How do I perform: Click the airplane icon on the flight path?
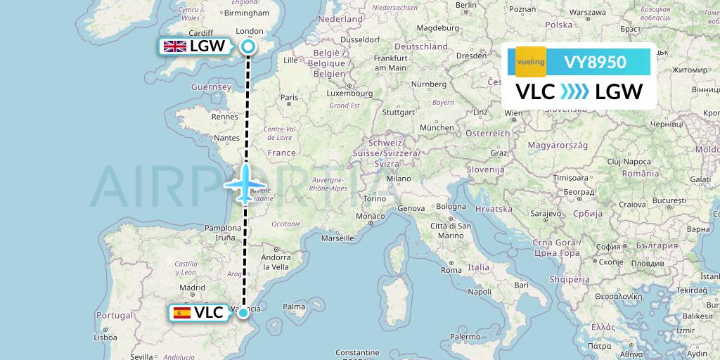coord(245,184)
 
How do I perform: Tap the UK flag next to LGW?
coord(174,46)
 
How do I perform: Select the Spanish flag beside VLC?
coord(181,313)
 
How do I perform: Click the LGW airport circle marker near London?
coord(247,46)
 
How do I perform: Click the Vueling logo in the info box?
coord(531,62)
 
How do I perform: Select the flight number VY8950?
coord(595,62)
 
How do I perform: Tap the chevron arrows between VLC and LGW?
coord(575,92)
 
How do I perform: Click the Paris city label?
coord(289,98)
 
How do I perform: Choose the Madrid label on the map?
coord(192,288)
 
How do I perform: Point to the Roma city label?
coord(451,270)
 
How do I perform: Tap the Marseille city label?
coord(337,238)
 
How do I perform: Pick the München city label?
coord(436,127)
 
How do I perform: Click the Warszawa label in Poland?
coord(588,13)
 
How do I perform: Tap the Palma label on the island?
coord(295,307)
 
